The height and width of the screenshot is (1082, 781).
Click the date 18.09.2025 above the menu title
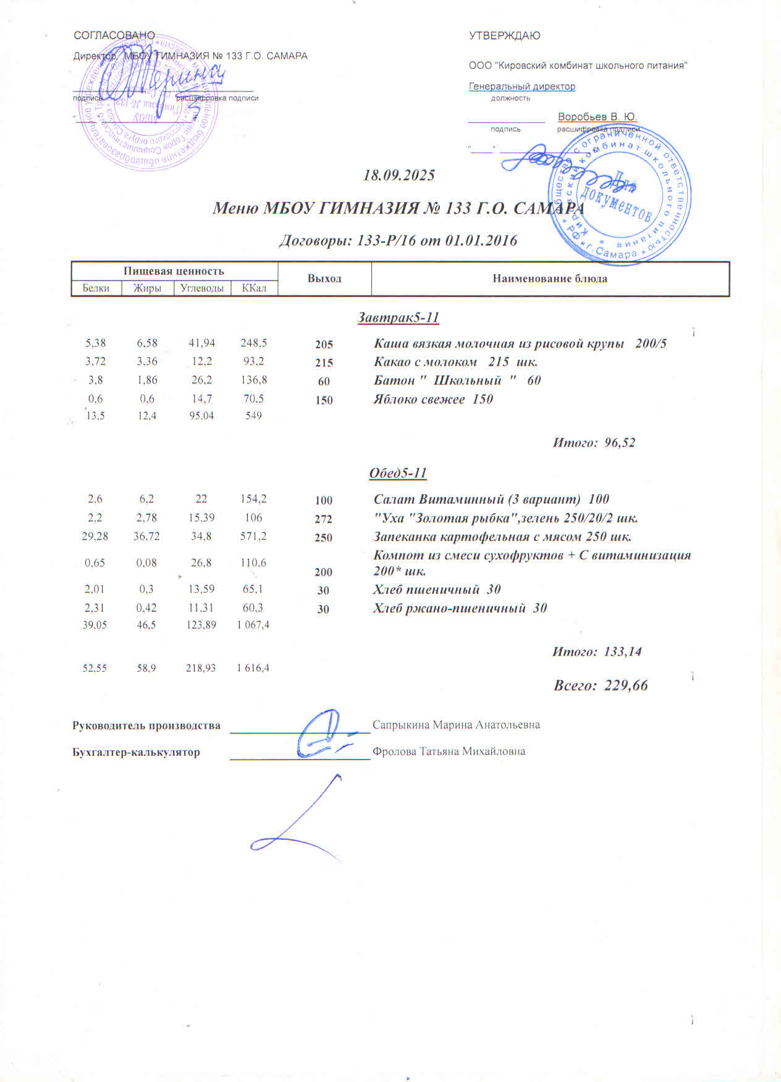click(399, 175)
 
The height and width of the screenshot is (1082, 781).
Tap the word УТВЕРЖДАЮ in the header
click(504, 36)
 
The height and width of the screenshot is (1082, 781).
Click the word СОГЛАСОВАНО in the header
click(114, 36)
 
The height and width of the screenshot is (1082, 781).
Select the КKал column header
click(254, 288)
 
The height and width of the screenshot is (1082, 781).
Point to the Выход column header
click(324, 279)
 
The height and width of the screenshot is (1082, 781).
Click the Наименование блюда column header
click(550, 279)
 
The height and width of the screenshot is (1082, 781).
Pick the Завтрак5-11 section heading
click(399, 318)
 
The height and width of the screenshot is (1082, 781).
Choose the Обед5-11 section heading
click(398, 473)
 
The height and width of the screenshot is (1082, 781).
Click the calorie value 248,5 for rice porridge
click(253, 343)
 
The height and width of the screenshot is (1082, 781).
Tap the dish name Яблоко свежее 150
click(433, 399)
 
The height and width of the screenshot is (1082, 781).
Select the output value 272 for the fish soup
click(323, 519)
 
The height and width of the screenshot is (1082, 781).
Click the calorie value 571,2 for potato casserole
click(253, 536)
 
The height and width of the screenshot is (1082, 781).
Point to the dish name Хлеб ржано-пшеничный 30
click(460, 608)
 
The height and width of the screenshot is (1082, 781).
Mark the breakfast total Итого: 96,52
click(593, 443)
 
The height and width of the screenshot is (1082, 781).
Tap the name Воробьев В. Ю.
click(597, 117)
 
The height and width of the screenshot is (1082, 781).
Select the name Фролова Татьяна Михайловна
click(449, 752)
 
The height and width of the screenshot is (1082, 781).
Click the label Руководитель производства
click(146, 725)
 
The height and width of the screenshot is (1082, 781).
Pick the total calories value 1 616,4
click(253, 668)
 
